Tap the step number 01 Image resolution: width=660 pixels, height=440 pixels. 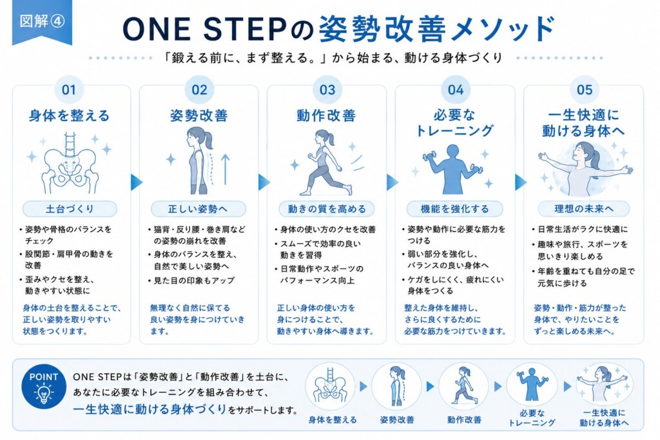(x=68, y=90)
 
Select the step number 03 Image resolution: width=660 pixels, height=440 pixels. (x=327, y=90)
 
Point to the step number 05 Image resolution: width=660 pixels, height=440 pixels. (x=584, y=90)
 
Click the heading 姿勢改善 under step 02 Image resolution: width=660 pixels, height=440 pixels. (x=199, y=116)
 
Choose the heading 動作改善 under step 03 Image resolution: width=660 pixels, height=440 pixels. (x=326, y=116)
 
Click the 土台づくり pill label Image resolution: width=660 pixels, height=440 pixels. (x=70, y=209)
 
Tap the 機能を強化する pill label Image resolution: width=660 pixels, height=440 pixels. (x=454, y=209)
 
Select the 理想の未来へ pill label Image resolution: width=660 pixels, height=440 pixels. (x=584, y=209)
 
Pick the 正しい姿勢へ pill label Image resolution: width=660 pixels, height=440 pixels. (x=198, y=209)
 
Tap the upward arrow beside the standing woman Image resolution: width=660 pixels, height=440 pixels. (x=226, y=169)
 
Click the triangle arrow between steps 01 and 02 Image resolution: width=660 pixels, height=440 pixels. (x=137, y=182)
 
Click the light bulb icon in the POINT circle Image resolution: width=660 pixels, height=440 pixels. (x=43, y=394)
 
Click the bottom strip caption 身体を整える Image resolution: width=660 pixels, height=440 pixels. (x=333, y=420)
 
